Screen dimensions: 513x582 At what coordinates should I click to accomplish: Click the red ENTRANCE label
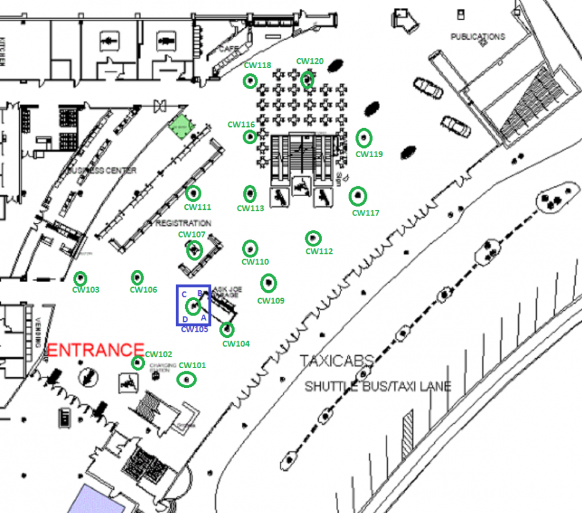click(96, 350)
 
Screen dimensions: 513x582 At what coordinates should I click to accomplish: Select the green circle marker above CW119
click(364, 137)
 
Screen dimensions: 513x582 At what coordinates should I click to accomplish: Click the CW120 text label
click(310, 61)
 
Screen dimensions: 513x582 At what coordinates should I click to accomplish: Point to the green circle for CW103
click(80, 278)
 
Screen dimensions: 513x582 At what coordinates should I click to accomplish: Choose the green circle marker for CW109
click(268, 283)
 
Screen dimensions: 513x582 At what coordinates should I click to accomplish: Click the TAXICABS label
click(337, 361)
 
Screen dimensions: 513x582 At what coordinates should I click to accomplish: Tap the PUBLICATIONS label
click(478, 37)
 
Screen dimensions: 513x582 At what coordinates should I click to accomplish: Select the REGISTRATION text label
click(183, 223)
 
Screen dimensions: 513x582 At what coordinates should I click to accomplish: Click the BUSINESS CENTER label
click(103, 170)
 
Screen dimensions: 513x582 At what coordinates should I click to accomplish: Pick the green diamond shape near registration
click(180, 126)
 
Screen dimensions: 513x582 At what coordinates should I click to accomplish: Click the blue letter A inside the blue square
click(204, 317)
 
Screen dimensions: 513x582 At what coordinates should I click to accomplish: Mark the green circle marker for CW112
click(313, 238)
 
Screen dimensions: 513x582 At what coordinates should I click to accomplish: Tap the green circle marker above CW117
click(358, 197)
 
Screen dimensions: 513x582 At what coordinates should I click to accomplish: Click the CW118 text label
click(257, 66)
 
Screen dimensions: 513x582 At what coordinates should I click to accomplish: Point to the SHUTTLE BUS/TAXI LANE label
click(378, 387)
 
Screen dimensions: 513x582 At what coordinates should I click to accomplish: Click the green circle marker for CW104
click(227, 329)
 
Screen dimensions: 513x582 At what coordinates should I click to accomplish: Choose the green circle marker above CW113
click(250, 194)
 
